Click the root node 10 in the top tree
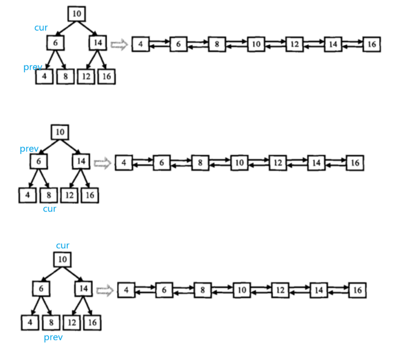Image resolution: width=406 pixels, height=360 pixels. (76, 14)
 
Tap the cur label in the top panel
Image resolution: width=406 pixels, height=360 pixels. (41, 28)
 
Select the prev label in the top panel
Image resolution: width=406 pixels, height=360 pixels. (33, 67)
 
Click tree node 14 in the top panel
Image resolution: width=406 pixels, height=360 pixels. (97, 43)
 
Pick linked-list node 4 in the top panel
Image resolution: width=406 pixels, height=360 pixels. (141, 44)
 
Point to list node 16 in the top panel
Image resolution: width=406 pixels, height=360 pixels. (371, 44)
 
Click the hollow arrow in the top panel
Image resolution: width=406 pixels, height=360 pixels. (119, 44)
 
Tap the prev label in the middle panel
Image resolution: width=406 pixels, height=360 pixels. (29, 149)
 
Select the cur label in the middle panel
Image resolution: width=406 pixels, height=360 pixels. (49, 209)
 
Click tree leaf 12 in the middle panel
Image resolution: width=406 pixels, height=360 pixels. (69, 196)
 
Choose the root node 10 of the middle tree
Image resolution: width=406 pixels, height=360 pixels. (60, 132)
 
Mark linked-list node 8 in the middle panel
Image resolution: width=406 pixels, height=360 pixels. (200, 163)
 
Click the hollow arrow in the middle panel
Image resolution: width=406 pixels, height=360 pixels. (103, 163)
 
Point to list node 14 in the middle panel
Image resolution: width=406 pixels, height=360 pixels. (316, 163)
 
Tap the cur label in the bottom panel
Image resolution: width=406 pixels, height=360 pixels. (62, 246)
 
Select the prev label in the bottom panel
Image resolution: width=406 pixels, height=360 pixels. (53, 337)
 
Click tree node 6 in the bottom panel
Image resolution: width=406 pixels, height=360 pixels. (41, 289)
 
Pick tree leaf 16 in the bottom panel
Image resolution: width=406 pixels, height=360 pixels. (92, 323)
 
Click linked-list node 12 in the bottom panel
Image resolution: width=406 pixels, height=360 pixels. (280, 290)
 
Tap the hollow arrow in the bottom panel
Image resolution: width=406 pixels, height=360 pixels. (105, 291)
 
